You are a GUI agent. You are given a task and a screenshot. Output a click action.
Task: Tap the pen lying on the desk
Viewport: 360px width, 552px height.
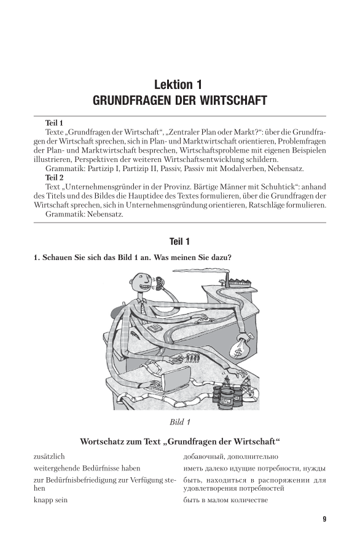pyautogui.click(x=135, y=333)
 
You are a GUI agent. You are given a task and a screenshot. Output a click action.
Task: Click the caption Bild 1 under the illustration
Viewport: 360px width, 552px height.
pyautogui.click(x=180, y=422)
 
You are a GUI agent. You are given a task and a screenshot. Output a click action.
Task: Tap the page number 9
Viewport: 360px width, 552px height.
pyautogui.click(x=324, y=519)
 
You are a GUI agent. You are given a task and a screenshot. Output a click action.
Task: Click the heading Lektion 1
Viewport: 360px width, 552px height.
pyautogui.click(x=179, y=85)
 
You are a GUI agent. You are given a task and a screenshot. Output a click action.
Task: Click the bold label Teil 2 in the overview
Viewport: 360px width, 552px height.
pyautogui.click(x=54, y=178)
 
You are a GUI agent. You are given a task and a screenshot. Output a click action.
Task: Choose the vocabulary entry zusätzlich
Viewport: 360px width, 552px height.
pyautogui.click(x=49, y=456)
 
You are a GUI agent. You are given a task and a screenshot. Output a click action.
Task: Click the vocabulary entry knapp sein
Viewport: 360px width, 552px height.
pyautogui.click(x=50, y=500)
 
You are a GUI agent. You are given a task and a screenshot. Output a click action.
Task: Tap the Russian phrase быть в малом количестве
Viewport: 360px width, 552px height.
pyautogui.click(x=225, y=500)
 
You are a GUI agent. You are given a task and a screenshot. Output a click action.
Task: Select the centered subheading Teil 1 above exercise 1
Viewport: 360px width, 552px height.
pyautogui.click(x=180, y=242)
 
